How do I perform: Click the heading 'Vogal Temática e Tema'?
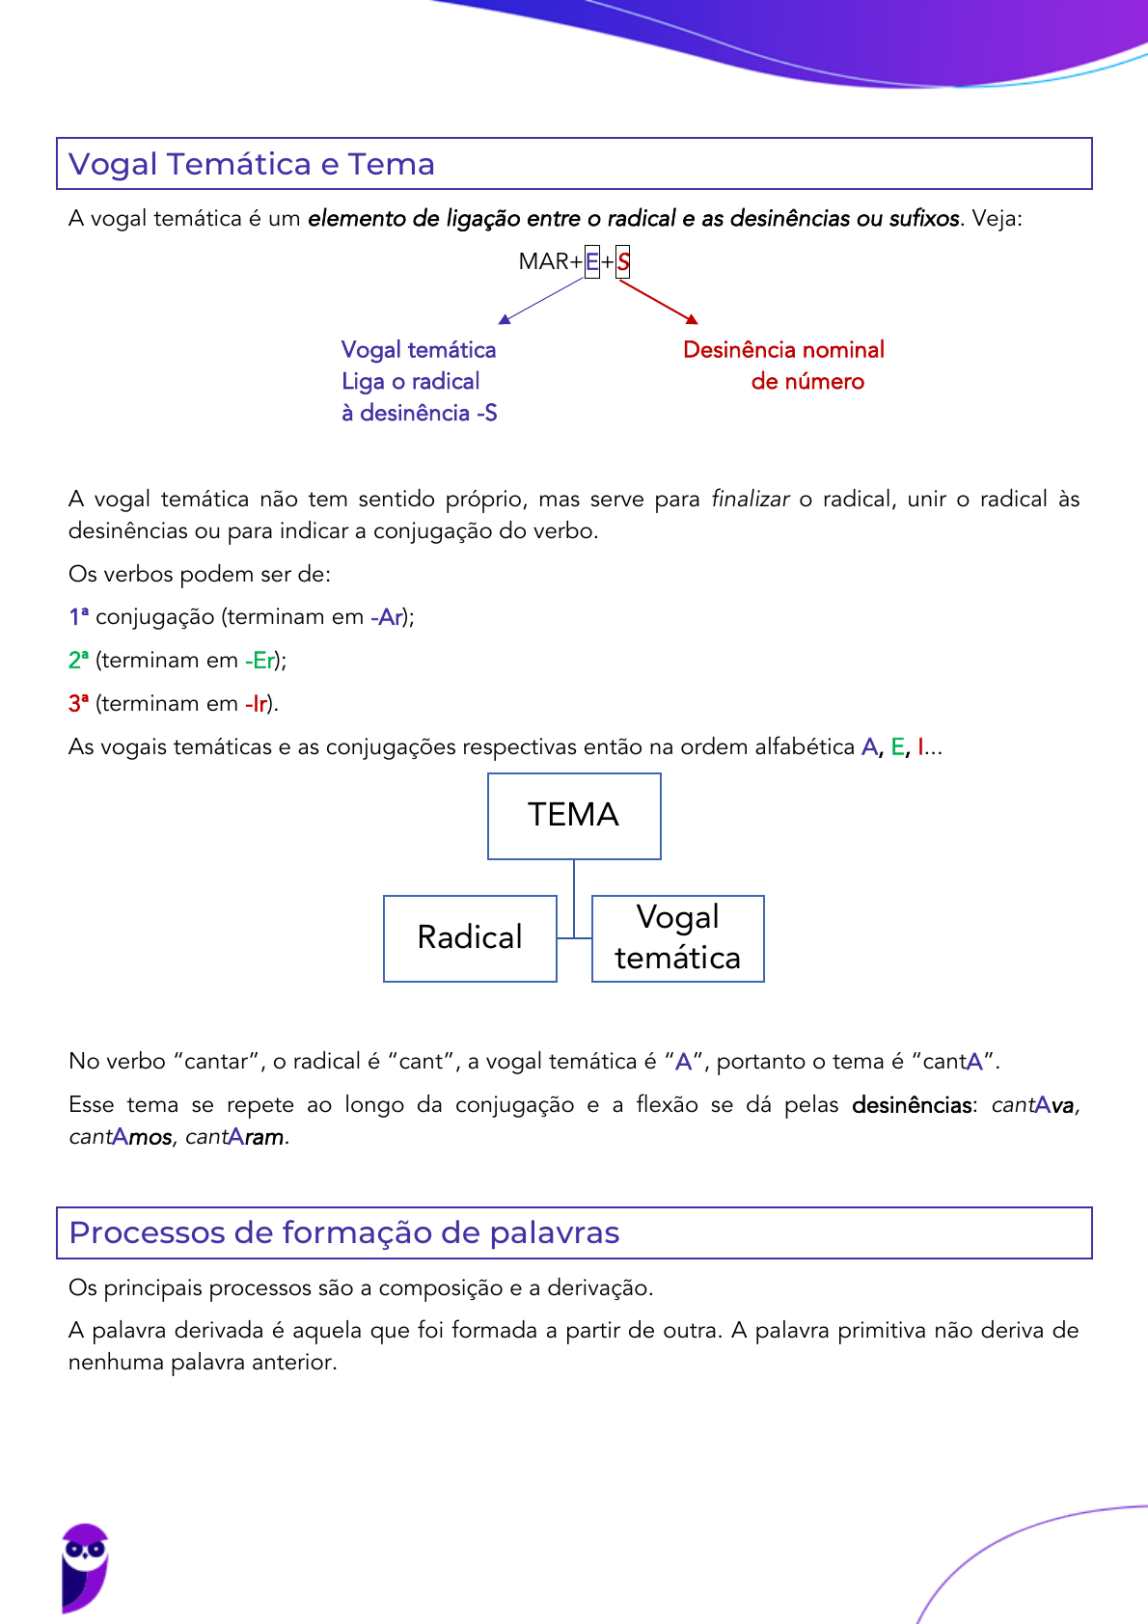point(252,164)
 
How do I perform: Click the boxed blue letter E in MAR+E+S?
point(592,261)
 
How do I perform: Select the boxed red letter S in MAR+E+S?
point(623,261)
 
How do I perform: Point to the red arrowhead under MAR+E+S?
point(692,318)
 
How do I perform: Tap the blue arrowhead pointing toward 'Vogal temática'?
point(504,318)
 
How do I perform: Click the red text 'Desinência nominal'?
point(783,350)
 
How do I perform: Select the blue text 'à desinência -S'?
point(419,413)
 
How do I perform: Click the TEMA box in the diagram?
point(574,816)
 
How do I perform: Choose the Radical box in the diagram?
point(470,938)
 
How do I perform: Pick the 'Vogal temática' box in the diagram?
point(678,938)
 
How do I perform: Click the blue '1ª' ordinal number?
point(78,617)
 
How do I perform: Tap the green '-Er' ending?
point(260,661)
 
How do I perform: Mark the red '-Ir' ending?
point(256,704)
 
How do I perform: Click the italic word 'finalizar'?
point(750,500)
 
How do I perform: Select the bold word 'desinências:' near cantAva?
point(912,1105)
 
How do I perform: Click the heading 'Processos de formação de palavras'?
point(344,1232)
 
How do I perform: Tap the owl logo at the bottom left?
point(84,1566)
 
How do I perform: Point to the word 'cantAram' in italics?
point(235,1137)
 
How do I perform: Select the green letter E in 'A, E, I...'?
point(897,747)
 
